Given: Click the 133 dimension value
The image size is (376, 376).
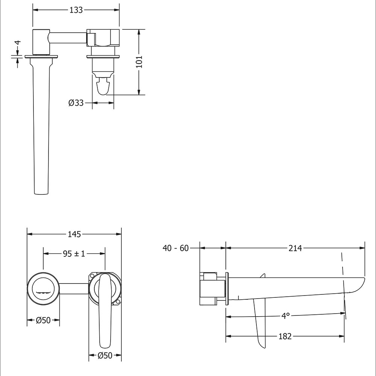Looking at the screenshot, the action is tap(76, 10).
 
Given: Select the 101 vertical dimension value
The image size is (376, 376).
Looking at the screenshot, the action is tap(139, 62).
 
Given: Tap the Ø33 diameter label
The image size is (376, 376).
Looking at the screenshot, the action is tap(76, 103).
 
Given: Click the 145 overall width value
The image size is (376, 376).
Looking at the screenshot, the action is tap(74, 234).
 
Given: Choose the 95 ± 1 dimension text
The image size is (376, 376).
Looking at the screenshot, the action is tap(74, 253).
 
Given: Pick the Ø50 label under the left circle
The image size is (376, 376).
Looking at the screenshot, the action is tap(43, 320).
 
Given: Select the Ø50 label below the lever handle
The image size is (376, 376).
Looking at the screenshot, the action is tap(105, 355).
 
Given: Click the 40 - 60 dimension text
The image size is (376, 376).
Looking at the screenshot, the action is tap(176, 248).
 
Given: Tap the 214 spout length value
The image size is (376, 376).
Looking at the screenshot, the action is tap(295, 248).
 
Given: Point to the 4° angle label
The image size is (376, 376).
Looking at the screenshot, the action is tap(285, 316).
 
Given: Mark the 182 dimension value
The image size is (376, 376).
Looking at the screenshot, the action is tap(285, 337).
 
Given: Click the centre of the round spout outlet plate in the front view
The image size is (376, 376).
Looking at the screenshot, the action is tap(43, 289).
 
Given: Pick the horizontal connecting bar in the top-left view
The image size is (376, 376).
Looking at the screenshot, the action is tap(68, 38).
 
